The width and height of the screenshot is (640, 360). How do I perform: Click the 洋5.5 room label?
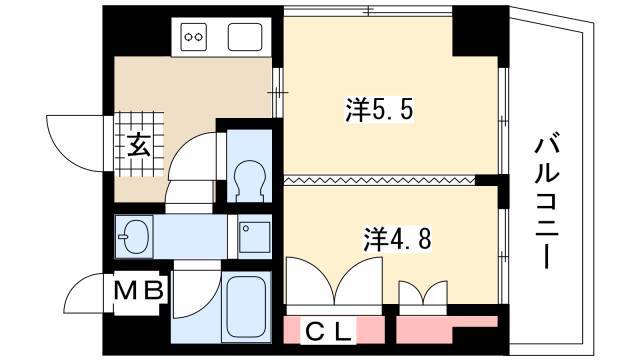[380, 110]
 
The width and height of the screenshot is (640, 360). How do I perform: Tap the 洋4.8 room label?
[397, 239]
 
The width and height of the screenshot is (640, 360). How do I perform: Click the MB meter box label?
[139, 291]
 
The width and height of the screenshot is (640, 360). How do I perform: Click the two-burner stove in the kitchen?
[193, 37]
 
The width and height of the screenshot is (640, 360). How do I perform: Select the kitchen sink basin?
[245, 37]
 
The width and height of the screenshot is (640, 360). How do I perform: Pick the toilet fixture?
[249, 181]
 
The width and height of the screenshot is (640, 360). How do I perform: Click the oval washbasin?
[134, 237]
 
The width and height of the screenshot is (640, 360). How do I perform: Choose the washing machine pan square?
[255, 237]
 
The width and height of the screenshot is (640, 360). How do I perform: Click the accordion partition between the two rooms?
[380, 180]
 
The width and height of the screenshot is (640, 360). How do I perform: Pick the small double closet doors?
[423, 292]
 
